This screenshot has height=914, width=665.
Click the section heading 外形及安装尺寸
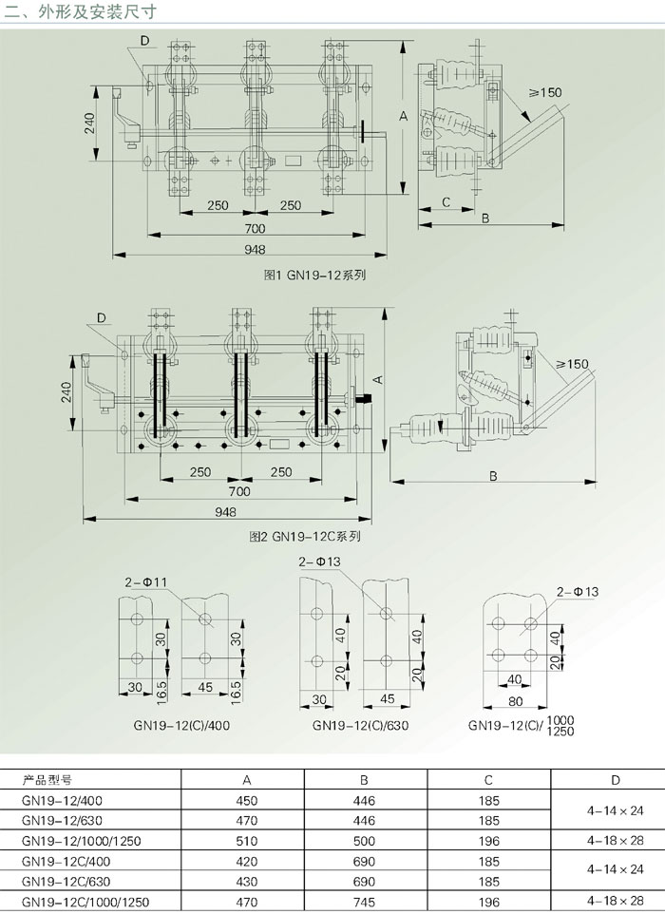(97, 11)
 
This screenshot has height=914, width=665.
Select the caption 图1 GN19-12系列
(314, 276)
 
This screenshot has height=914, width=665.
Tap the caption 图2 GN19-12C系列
(305, 536)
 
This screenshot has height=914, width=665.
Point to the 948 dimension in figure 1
(255, 250)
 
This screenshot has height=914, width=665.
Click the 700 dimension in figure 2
(239, 491)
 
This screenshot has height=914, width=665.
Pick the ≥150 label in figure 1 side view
(545, 92)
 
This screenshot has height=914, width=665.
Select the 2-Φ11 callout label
(145, 581)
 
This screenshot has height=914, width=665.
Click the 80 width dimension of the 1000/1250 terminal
(515, 700)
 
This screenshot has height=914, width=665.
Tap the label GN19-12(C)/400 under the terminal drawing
(181, 726)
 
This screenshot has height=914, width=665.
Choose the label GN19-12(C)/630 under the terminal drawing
(360, 726)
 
